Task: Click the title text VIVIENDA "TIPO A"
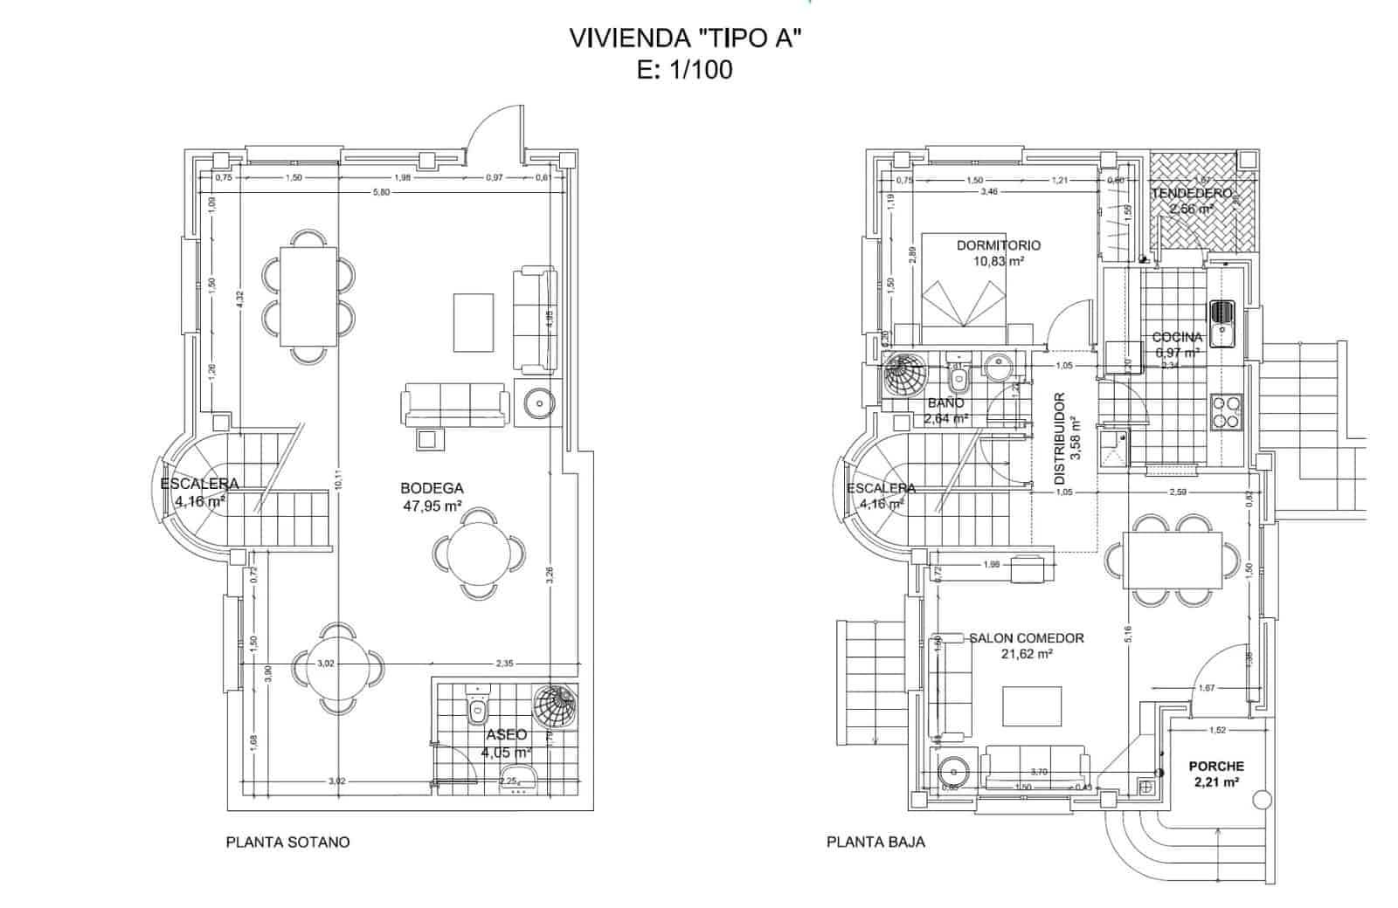coord(685,39)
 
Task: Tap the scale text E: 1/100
coord(685,71)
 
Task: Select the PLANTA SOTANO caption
coord(287,843)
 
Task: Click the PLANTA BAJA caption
coord(875,843)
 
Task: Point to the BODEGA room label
coord(432,489)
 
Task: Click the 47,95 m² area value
coord(432,506)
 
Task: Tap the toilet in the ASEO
coord(477,708)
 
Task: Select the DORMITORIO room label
coord(998,245)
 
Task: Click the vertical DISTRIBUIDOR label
coord(1060,439)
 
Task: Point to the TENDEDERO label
coord(1191,193)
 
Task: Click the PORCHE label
coord(1215,767)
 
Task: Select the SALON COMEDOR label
coord(1026,638)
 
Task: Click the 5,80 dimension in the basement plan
coord(379,192)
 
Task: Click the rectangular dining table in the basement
coord(308,295)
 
